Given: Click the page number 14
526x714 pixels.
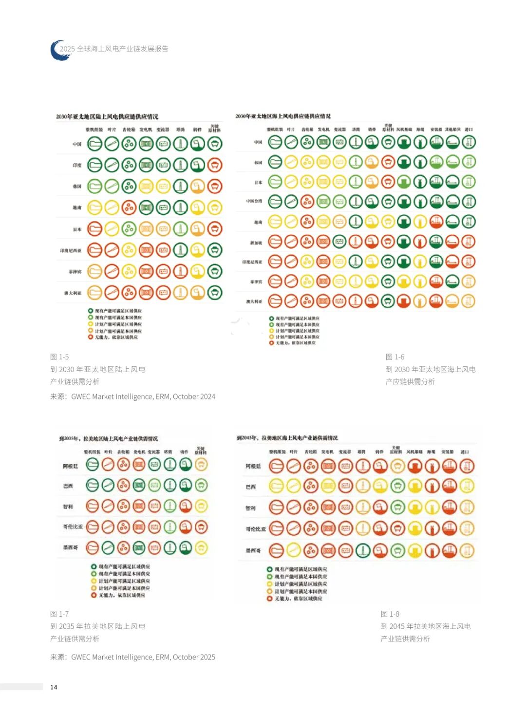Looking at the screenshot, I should (54, 687).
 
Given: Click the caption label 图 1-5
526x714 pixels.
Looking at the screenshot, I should (59, 357).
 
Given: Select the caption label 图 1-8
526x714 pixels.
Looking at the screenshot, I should (390, 614).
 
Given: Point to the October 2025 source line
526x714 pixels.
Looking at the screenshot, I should (132, 657).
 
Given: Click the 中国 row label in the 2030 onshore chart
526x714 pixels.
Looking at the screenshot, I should (77, 144).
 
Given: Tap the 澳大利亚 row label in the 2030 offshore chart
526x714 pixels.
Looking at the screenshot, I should (254, 301).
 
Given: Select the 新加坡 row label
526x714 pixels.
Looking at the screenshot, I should (256, 242).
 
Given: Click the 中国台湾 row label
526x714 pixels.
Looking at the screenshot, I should (254, 201).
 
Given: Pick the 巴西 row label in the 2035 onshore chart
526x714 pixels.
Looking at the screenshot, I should (68, 486).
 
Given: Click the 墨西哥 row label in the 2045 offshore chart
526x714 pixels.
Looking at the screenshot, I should (253, 550).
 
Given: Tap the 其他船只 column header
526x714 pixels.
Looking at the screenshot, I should (452, 130).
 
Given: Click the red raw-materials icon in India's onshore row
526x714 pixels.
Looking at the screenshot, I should (215, 165).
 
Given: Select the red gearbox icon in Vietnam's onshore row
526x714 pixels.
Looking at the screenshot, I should (129, 208).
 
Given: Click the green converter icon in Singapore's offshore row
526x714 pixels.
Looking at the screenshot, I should (339, 242).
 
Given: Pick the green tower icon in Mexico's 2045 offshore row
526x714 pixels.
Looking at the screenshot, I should (363, 551).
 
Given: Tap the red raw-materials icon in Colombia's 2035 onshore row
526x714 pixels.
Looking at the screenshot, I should (201, 526).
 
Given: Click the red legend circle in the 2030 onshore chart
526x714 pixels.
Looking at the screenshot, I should (91, 337).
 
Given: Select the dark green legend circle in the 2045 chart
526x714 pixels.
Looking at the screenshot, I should (269, 569).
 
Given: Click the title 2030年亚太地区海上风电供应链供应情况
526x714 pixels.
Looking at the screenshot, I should (283, 116).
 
